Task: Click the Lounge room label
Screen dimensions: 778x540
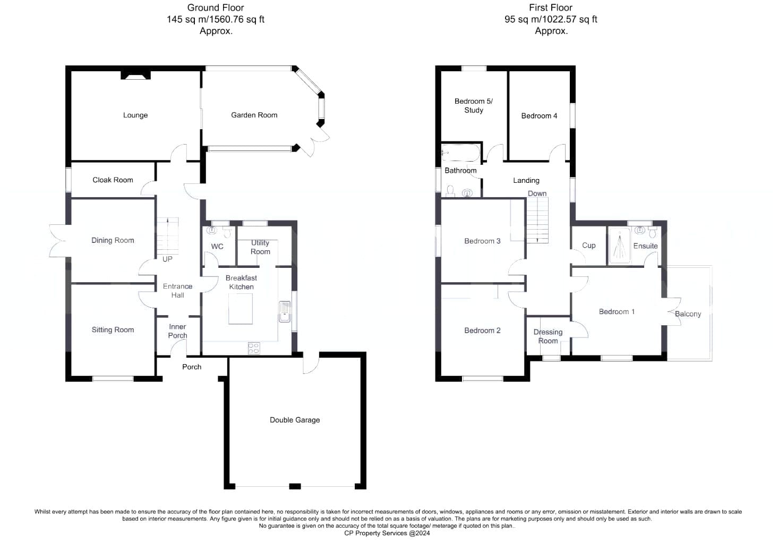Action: click(x=135, y=115)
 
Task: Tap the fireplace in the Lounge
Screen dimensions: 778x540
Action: click(x=136, y=75)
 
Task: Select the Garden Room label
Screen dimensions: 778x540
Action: click(x=254, y=115)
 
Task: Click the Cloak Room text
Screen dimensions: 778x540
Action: click(x=113, y=180)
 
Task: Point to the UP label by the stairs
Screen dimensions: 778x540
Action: click(x=167, y=259)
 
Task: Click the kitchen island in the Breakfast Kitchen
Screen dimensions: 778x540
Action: click(x=241, y=309)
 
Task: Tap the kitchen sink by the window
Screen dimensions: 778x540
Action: click(x=285, y=311)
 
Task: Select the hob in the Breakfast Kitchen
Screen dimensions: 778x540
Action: click(x=254, y=349)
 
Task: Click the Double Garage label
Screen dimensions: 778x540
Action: click(x=295, y=420)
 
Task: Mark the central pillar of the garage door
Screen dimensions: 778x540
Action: click(x=295, y=486)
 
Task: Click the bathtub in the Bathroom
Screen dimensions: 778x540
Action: click(x=460, y=153)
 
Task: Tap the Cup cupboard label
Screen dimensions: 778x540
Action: click(x=589, y=246)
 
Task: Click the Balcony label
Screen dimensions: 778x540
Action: click(x=688, y=314)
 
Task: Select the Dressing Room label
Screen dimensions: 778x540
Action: click(x=548, y=336)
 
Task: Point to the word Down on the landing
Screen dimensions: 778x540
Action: click(x=537, y=193)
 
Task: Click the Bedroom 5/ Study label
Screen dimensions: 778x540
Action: click(x=473, y=106)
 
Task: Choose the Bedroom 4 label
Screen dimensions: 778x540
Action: click(x=539, y=116)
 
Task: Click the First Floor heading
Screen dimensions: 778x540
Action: click(x=551, y=7)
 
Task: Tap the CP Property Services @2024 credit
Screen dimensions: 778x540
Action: click(x=387, y=533)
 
